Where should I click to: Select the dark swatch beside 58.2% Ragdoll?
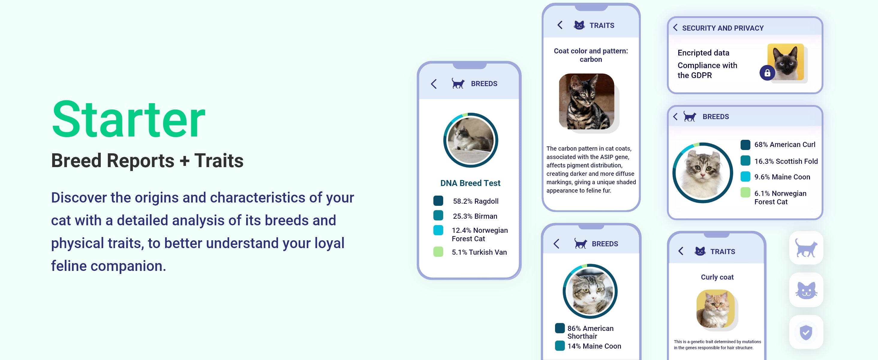(438, 201)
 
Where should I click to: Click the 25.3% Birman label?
(475, 216)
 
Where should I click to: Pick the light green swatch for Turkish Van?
(438, 252)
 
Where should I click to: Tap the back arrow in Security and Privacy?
(675, 28)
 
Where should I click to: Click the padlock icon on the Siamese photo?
(767, 73)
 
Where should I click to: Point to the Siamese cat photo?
(786, 62)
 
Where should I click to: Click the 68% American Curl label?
(785, 145)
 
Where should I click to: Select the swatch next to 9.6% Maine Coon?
(745, 177)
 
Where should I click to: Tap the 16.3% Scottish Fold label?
(786, 161)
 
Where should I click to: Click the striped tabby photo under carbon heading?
(587, 101)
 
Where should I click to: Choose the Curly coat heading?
(717, 277)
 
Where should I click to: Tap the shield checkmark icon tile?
(806, 332)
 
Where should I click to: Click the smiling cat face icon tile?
(806, 290)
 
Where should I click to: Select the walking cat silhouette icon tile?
(806, 248)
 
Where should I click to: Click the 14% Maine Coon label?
(594, 346)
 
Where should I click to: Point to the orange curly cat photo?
(715, 308)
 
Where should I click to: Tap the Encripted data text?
(703, 53)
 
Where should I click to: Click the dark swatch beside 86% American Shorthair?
(560, 328)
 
